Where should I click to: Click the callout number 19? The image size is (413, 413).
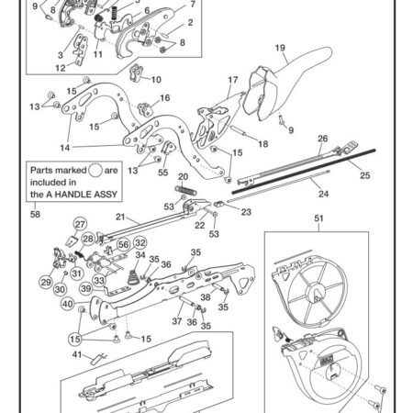[280, 48]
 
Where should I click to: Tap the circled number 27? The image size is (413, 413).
[80, 224]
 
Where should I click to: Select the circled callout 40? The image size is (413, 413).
[68, 304]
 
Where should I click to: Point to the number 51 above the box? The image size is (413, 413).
[318, 218]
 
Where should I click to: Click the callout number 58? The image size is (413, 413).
[35, 214]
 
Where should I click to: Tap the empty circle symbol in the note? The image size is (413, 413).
[95, 170]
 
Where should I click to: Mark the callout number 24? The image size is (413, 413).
[323, 194]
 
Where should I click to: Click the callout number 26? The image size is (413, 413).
[323, 139]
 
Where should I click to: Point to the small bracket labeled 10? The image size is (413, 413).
[137, 73]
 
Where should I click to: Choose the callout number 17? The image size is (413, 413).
[233, 80]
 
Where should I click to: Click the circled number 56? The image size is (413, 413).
[124, 244]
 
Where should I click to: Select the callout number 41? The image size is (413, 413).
[77, 354]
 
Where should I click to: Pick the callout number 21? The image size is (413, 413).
[120, 217]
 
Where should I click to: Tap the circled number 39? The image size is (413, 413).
[86, 288]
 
